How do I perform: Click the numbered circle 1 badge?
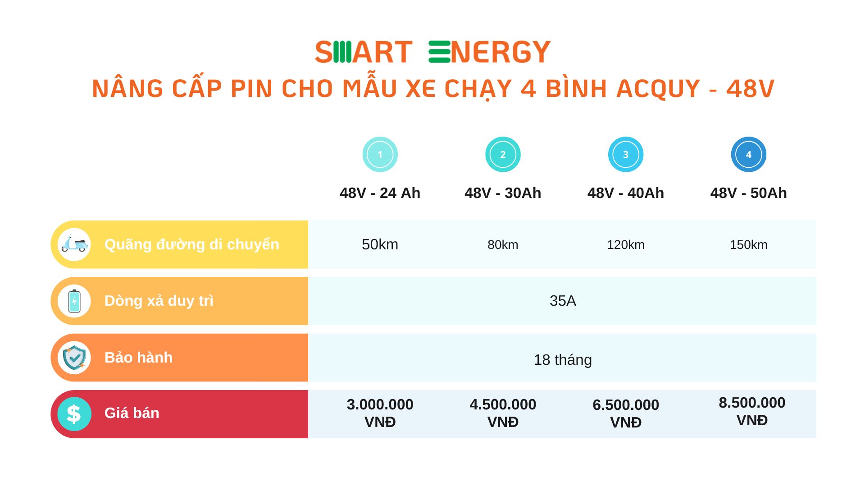(380, 154)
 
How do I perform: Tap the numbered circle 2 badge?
(503, 154)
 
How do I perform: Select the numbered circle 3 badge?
(625, 154)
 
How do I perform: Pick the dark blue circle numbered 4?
(748, 154)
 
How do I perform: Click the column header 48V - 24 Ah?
(380, 193)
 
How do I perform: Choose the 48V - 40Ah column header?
(625, 193)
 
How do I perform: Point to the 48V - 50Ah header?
(748, 193)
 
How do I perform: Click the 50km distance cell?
(380, 244)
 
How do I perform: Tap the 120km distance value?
(625, 245)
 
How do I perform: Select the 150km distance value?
(748, 245)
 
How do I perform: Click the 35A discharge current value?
(563, 301)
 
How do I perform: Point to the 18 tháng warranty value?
(563, 360)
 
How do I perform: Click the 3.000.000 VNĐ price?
(380, 413)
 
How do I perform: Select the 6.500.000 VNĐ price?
(625, 413)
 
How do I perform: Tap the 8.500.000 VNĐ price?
(751, 411)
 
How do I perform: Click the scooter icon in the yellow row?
(74, 244)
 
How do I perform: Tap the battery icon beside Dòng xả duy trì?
(74, 301)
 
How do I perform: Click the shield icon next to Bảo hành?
(74, 358)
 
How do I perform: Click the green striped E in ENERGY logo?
(439, 52)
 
